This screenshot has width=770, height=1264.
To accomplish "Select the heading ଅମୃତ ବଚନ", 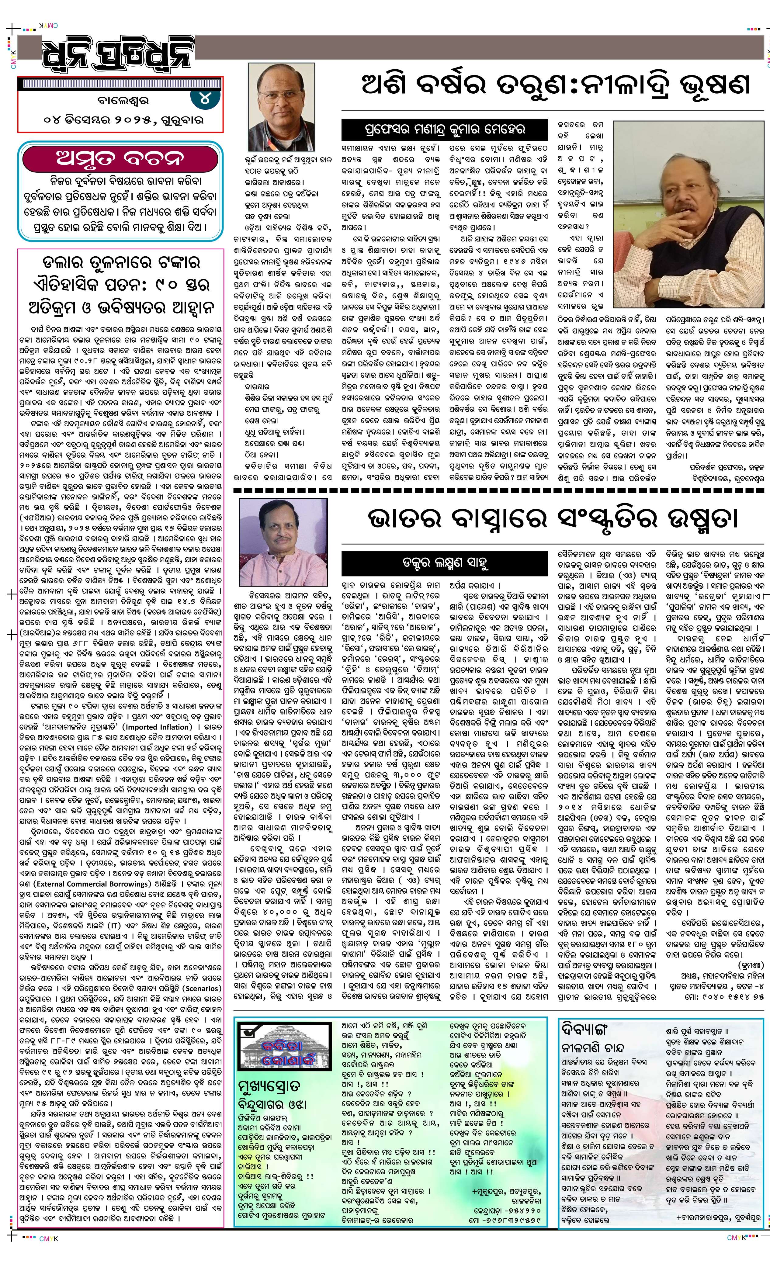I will pos(120,158).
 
